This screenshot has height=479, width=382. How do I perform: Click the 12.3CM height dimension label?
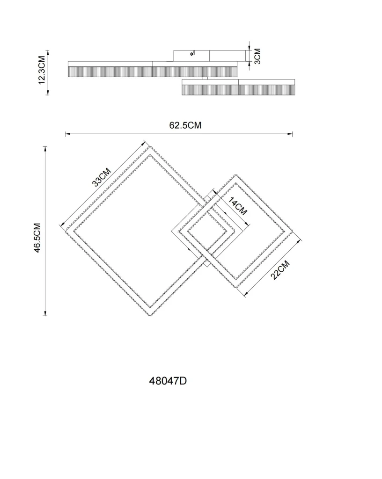(x=42, y=70)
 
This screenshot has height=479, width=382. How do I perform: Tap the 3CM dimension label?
(x=257, y=56)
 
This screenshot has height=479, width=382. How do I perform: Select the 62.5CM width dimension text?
(x=185, y=125)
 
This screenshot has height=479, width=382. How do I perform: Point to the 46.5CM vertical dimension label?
(x=37, y=238)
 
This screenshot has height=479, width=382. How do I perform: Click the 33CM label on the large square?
(x=102, y=177)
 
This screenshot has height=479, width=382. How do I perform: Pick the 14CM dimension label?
(x=237, y=206)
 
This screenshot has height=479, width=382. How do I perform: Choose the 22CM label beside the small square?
(x=279, y=270)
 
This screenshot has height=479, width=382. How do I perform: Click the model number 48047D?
(x=168, y=381)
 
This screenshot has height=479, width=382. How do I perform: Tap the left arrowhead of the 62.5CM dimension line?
(x=68, y=134)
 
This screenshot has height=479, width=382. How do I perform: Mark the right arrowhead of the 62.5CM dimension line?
(x=290, y=134)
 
